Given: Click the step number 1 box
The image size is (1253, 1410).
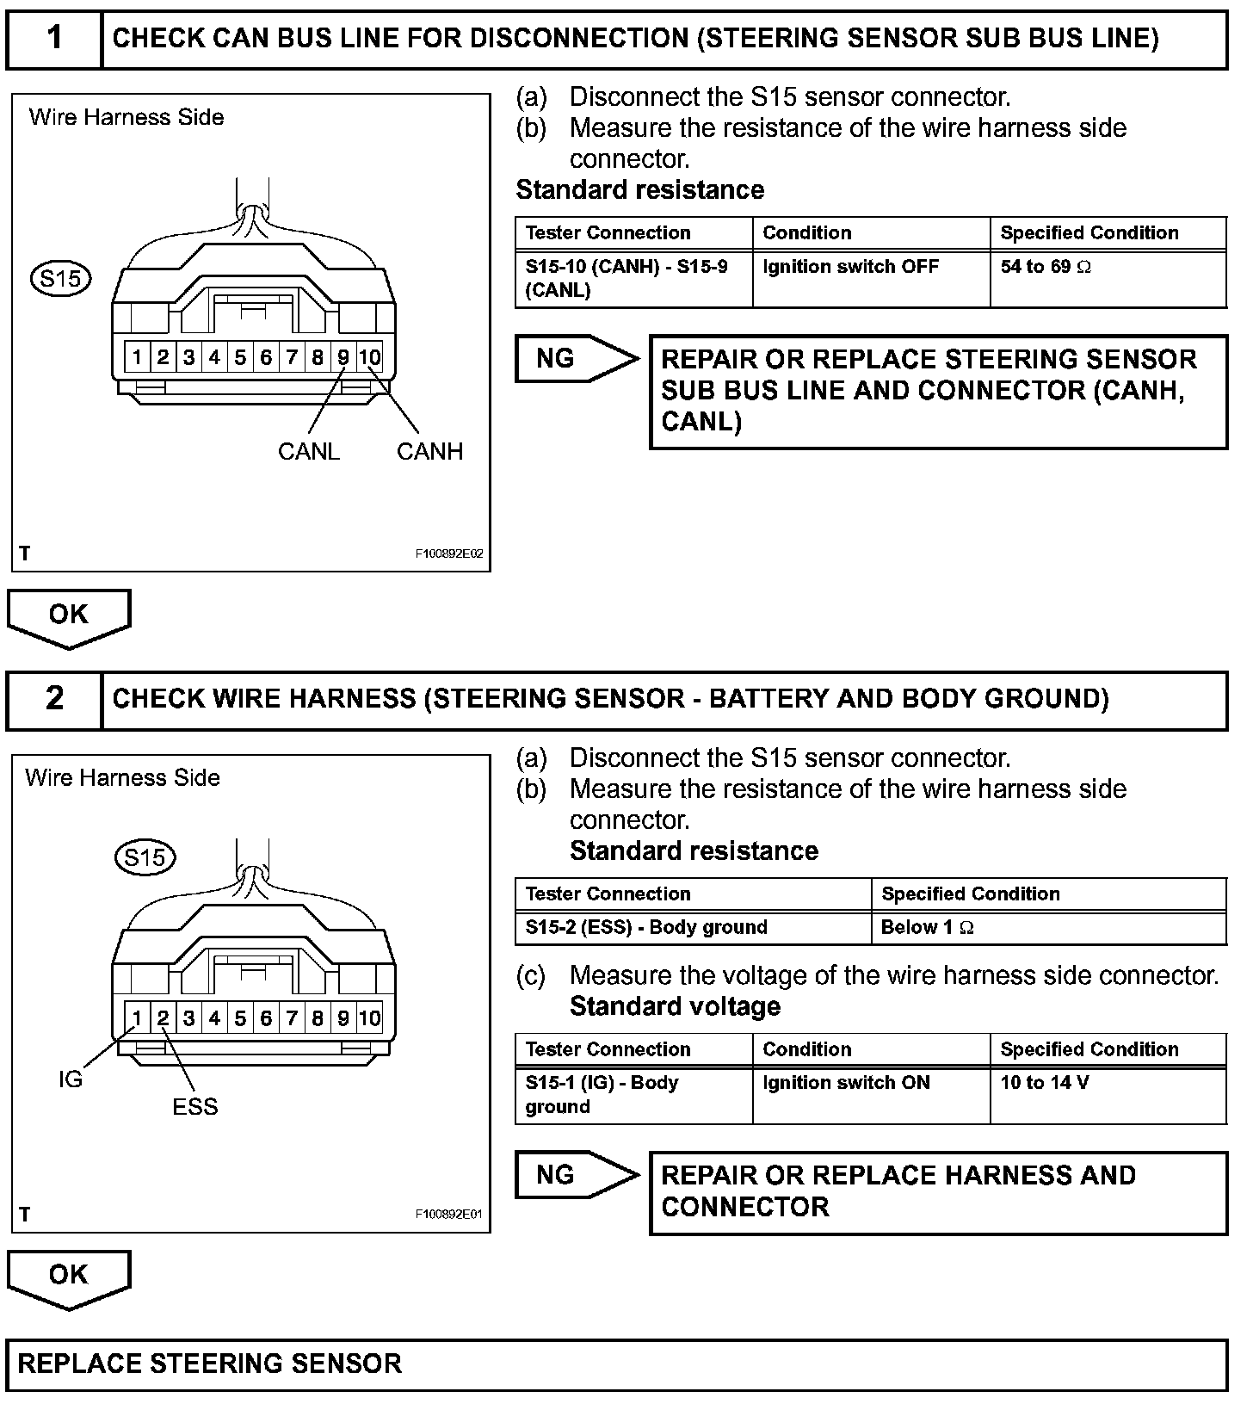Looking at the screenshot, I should point(54,39).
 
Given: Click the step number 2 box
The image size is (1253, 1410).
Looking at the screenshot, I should point(54,699).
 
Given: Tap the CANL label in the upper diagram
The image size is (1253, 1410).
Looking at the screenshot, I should point(308,452).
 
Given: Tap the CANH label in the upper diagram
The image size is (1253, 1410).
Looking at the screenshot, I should point(429,452).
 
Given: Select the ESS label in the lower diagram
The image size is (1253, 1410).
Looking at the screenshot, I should point(195,1107).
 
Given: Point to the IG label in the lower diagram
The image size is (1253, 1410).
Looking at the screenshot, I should point(71,1079).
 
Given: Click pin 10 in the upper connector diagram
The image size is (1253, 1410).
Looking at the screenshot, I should point(369,356).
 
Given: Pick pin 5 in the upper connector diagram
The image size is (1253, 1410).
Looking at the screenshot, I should point(240,356).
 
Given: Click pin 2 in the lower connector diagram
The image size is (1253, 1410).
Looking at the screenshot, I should point(163,1018).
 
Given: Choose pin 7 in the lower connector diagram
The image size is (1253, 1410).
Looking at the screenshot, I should point(292,1018).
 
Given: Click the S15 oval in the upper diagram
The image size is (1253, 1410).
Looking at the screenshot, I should point(60,279).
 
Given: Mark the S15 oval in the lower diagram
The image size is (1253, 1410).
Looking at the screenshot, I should point(145,857).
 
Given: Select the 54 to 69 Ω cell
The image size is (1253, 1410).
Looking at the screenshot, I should point(1108,279).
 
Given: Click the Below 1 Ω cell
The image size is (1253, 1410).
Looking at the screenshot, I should point(1048,928).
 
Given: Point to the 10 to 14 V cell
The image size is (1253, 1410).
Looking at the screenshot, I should point(1108,1095).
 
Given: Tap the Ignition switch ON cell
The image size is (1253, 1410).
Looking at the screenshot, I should point(871,1095).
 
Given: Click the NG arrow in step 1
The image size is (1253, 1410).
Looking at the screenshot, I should point(575,359).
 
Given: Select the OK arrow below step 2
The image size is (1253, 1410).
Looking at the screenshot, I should point(69,1277).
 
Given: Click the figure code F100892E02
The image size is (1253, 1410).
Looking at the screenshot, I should point(449,554).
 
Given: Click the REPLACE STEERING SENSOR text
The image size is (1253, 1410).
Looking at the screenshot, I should point(210,1364).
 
